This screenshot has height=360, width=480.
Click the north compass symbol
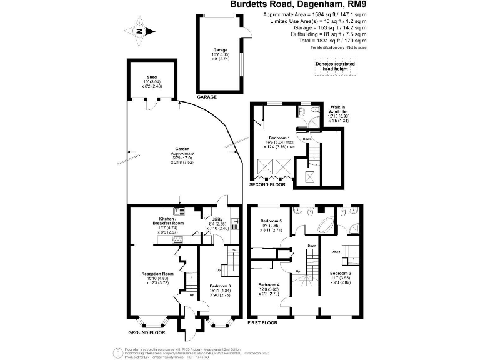pyautogui.click(x=139, y=31)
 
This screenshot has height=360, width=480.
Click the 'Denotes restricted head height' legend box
pyautogui.click(x=336, y=66)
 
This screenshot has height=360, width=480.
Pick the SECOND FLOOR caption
pyautogui.click(x=268, y=185)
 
